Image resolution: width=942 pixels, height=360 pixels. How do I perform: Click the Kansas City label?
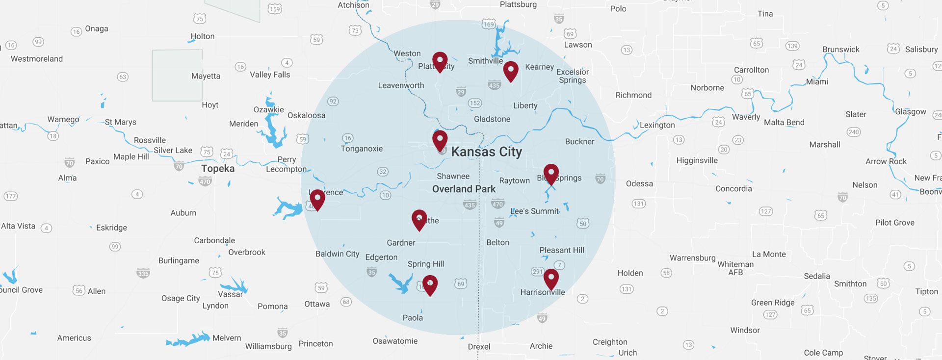click(486, 152)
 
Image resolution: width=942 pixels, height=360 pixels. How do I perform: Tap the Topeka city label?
click(217, 169)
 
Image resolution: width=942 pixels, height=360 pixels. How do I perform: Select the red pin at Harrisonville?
click(551, 279)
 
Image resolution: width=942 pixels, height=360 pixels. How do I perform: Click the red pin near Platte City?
click(440, 61)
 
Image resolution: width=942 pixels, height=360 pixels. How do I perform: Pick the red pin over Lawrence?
click(317, 199)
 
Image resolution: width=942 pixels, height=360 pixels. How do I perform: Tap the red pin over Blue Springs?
click(551, 174)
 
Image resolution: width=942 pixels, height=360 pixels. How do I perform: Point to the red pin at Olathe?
click(419, 219)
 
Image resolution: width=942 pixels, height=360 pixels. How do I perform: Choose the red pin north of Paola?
click(430, 284)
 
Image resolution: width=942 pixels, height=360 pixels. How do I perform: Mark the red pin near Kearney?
click(511, 71)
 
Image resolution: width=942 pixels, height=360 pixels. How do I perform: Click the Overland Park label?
click(464, 189)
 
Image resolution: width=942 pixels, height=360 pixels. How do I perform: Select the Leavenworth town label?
click(401, 85)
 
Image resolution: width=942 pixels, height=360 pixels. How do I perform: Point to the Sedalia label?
click(817, 276)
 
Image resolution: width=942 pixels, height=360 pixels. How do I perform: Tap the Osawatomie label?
click(395, 341)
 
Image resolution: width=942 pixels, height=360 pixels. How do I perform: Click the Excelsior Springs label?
click(573, 76)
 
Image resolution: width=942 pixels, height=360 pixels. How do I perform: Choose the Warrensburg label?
click(692, 258)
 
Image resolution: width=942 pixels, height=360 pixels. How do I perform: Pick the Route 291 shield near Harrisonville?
click(538, 271)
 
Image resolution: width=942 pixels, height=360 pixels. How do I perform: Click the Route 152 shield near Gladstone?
click(474, 103)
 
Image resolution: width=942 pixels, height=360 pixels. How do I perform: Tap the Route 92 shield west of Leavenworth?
click(333, 102)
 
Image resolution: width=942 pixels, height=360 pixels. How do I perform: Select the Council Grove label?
click(21, 290)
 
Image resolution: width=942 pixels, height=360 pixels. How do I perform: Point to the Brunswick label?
click(841, 50)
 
